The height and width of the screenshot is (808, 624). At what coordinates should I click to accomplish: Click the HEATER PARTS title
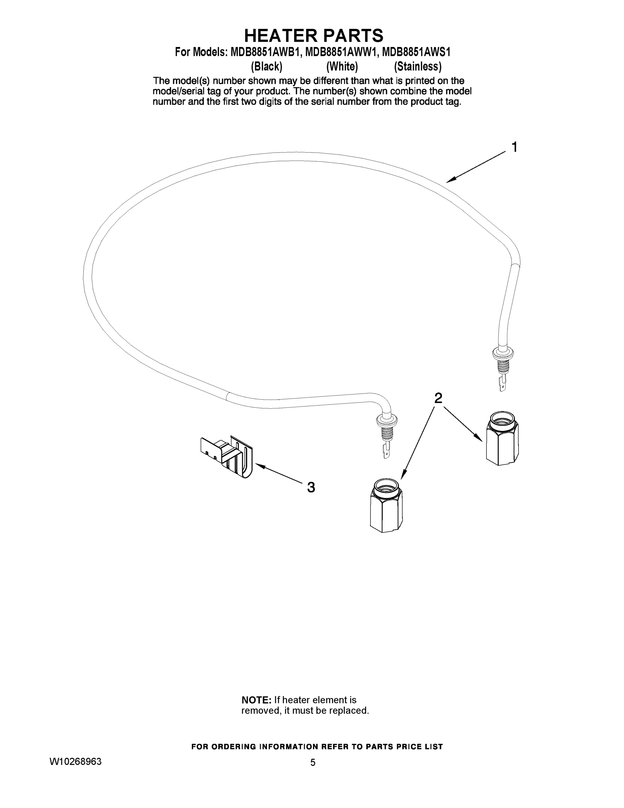click(x=314, y=36)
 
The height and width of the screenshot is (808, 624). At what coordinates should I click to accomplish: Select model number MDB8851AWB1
click(x=264, y=52)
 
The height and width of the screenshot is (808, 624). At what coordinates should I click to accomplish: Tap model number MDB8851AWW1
click(x=340, y=52)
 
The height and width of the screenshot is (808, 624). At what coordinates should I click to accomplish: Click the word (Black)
click(x=266, y=67)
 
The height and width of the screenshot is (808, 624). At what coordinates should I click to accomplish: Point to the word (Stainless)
click(x=418, y=67)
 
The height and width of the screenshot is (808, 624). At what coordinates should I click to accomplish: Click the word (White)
click(x=342, y=67)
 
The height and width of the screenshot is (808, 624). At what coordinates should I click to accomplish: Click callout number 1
click(x=514, y=147)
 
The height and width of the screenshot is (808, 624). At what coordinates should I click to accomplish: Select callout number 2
click(x=438, y=398)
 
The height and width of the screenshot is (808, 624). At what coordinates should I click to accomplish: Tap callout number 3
click(x=311, y=487)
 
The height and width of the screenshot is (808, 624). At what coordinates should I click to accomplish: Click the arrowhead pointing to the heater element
click(x=449, y=181)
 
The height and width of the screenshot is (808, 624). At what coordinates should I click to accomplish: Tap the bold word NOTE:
click(x=256, y=700)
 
